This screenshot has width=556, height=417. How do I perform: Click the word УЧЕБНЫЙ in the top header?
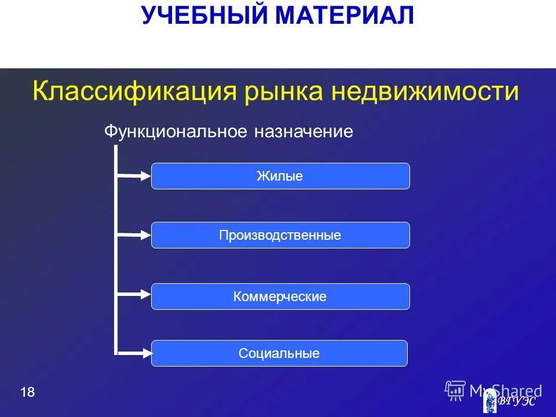(205, 16)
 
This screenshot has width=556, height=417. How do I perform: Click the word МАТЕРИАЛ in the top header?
(345, 16)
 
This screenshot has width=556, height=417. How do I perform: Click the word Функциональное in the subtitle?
(176, 132)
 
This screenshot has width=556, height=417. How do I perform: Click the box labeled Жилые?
(280, 176)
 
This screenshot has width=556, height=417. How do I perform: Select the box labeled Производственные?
(280, 235)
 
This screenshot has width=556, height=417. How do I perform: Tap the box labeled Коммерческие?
(280, 297)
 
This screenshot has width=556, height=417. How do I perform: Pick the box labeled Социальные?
(279, 353)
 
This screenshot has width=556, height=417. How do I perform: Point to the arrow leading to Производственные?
(134, 235)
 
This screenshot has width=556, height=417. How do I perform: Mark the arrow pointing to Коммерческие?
(134, 295)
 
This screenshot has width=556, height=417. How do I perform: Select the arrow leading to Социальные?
(134, 352)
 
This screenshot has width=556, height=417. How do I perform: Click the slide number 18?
(27, 393)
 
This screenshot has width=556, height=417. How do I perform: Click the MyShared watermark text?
(506, 390)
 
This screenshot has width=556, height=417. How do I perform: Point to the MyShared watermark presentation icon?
(455, 390)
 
